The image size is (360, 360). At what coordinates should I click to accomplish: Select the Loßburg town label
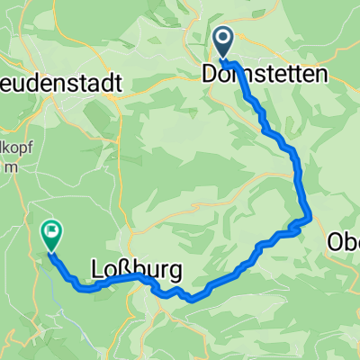pyautogui.click(x=137, y=269)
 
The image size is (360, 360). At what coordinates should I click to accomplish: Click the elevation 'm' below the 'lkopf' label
pyautogui.click(x=10, y=168)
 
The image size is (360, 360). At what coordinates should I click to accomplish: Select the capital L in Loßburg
pyautogui.click(x=99, y=269)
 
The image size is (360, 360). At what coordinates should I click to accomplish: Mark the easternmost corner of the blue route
pyautogui.click(x=310, y=216)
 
